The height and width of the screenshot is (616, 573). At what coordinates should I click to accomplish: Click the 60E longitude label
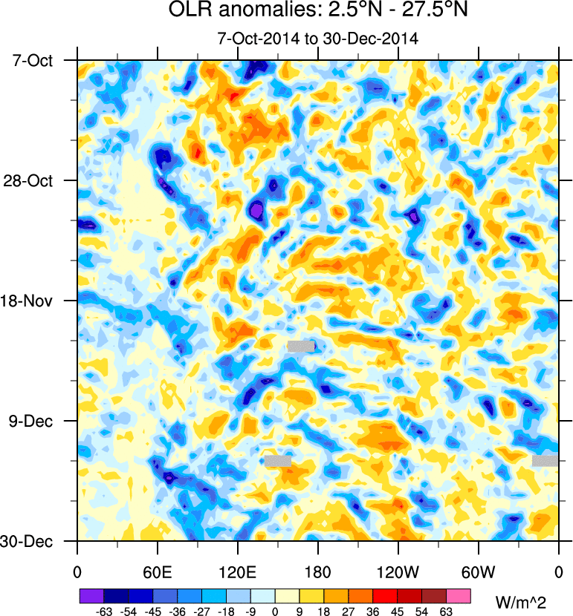[x=158, y=573]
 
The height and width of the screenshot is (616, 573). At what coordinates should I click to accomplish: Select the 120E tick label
[x=238, y=573]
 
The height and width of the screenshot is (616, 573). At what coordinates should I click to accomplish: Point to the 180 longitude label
[x=318, y=573]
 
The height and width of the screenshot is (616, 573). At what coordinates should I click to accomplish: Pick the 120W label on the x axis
[x=398, y=573]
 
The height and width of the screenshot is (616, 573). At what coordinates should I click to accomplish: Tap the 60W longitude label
[x=478, y=573]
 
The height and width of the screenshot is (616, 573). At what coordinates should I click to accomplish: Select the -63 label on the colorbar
[x=103, y=612]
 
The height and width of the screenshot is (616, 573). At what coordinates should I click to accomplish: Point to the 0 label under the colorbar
[x=275, y=612]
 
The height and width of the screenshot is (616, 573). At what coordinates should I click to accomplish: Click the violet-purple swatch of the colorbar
[x=91, y=596]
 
